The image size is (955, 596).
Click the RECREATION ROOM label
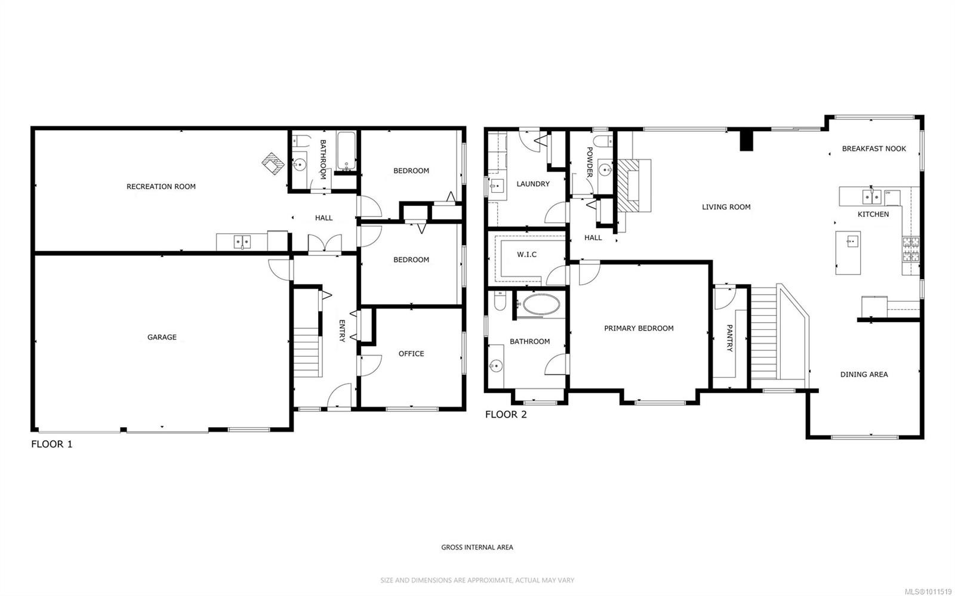tap(161, 187)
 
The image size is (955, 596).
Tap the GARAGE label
tap(162, 337)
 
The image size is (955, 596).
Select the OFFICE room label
tap(411, 354)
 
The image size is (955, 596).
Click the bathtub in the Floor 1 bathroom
tap(346, 152)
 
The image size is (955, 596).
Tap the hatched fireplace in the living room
tap(629, 186)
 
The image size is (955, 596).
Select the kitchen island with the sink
tap(848, 252)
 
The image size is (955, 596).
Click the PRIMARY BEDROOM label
tap(639, 328)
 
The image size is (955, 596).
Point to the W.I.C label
tap(526, 254)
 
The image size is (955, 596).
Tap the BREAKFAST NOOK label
tap(874, 149)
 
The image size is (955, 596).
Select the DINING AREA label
tap(864, 375)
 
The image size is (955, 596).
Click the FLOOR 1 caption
tap(52, 444)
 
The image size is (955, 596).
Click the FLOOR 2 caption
tap(506, 414)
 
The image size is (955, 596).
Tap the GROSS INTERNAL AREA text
tap(477, 547)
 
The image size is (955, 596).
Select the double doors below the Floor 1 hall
tap(324, 244)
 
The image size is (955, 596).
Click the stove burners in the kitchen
tap(911, 249)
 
